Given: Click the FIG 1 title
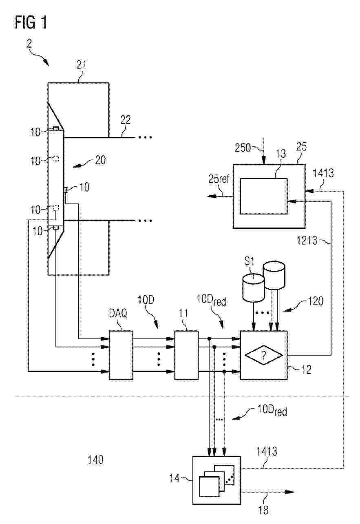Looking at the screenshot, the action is tap(31, 23).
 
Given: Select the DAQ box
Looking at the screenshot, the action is tap(121, 355).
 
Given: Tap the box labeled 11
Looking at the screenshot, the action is tap(186, 355).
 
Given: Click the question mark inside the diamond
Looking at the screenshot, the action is tap(264, 356).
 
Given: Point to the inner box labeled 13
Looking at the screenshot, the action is tap(264, 196).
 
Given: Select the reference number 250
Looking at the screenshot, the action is tap(243, 148).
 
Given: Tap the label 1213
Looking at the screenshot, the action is tap(307, 240).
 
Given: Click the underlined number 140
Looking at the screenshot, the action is tap(96, 460).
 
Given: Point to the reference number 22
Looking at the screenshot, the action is tap(126, 120).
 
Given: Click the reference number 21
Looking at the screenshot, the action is tap(82, 65).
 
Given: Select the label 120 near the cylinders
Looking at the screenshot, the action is tap(316, 301).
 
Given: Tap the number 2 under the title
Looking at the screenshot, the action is tap(29, 44).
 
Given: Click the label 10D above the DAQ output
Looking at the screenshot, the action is tap(146, 300).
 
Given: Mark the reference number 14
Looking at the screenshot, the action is tap(174, 478).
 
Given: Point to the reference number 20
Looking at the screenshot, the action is tap(101, 160).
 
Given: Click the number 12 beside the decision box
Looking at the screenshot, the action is tap(307, 370).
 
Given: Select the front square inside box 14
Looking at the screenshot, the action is tap(209, 486).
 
